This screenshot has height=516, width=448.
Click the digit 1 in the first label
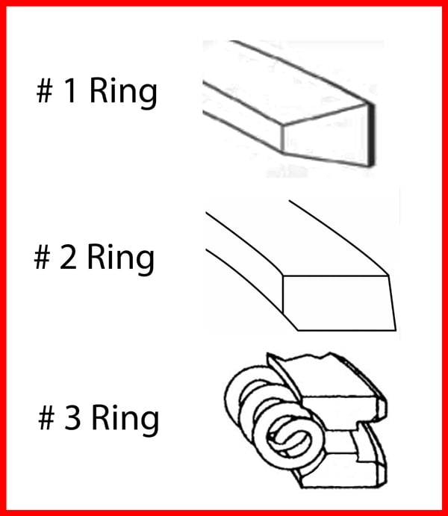click(x=71, y=90)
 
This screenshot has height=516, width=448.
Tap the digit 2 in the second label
click(x=68, y=257)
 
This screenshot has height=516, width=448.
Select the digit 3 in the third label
click(x=72, y=417)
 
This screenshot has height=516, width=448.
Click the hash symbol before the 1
click(x=44, y=91)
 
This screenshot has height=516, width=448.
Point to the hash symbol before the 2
click(x=42, y=257)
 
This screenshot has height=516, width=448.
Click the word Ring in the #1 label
click(x=123, y=93)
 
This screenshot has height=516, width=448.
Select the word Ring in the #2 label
click(x=121, y=259)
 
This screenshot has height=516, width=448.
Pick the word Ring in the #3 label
click(x=125, y=420)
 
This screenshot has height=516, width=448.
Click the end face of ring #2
click(x=339, y=302)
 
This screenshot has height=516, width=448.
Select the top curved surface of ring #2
click(x=296, y=243)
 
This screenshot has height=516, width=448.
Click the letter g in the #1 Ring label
click(x=148, y=96)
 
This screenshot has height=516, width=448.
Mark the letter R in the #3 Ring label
click(x=100, y=417)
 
